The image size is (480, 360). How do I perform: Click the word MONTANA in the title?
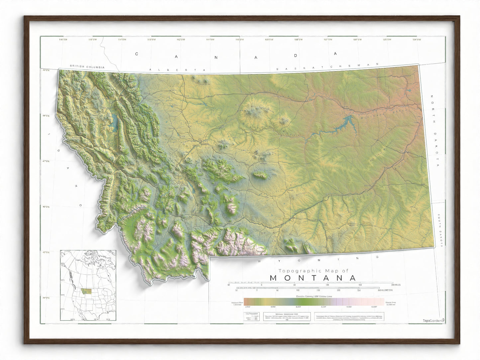(313, 278)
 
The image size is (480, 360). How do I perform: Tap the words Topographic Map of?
(313, 271)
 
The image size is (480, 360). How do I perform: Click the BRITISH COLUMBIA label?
(87, 67)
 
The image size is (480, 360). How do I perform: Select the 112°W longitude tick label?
(181, 40)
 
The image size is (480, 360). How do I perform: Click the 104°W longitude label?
(417, 40)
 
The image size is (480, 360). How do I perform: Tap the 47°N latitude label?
(46, 161)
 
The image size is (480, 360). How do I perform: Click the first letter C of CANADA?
(136, 54)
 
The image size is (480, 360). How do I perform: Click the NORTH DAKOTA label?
(435, 131)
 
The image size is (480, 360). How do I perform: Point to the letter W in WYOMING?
(260, 262)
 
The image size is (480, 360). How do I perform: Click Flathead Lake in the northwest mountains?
(115, 122)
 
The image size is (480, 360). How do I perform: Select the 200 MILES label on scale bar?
(396, 285)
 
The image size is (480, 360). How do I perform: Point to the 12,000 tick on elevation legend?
(374, 307)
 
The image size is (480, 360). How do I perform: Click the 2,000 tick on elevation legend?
(247, 307)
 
